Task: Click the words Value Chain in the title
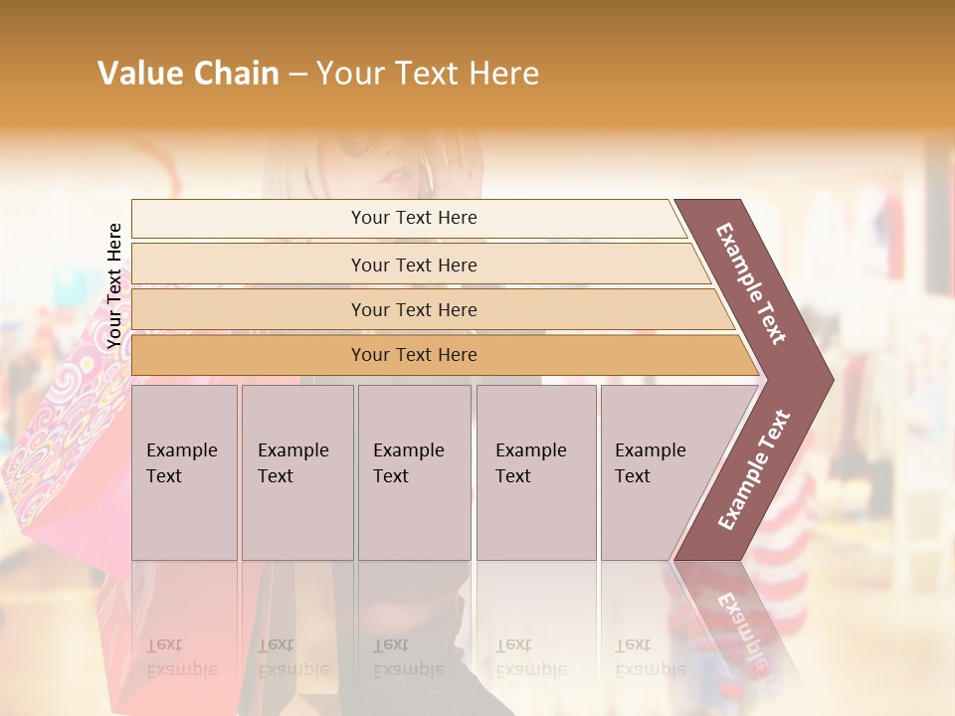188,74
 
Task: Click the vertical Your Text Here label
115,285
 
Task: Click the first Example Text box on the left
184,471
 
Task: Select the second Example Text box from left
296,471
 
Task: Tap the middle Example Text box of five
414,471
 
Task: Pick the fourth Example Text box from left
535,471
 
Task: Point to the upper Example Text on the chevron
751,283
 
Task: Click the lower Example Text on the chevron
754,469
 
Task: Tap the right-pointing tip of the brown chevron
828,379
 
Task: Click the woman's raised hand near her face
459,169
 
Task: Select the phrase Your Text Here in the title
428,74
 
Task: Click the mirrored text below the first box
182,657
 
